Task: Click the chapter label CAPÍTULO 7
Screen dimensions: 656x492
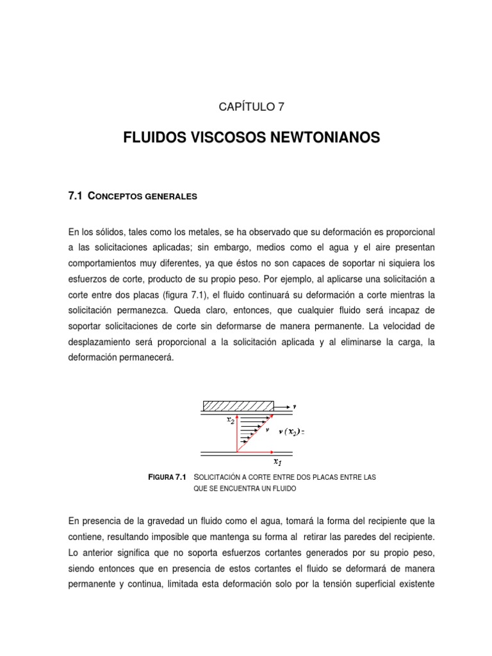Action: [x=247, y=107]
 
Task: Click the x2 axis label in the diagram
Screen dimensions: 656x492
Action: [x=231, y=420]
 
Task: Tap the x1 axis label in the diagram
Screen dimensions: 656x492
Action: [x=277, y=461]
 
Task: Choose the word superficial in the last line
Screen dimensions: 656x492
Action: [x=370, y=584]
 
